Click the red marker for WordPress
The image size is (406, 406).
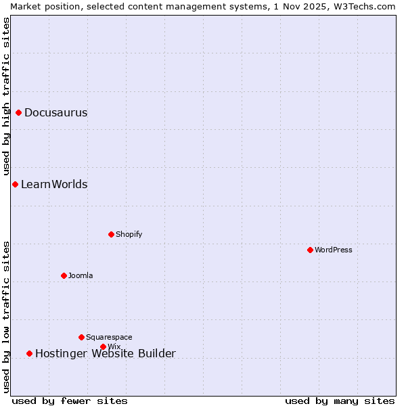coord(310,250)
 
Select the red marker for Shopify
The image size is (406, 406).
coord(111,234)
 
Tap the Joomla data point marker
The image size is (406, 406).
coord(64,275)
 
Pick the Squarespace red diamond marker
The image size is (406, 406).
coord(81,337)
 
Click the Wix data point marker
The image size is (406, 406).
coord(103,346)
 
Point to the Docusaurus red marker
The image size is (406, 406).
coord(18,112)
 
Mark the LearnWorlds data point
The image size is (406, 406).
coord(15,184)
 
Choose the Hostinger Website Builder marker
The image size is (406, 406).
coord(29,353)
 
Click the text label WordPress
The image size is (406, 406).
coord(334,250)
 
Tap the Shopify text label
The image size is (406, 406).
coord(129,234)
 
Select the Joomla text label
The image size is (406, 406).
coord(81,275)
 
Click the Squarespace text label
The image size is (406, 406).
coord(109,337)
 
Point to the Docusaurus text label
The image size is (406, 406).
coord(56,113)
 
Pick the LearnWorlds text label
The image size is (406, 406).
coord(54,185)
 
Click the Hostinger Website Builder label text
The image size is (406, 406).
coord(105,353)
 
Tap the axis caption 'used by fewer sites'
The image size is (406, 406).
coord(70,401)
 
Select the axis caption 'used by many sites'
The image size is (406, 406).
coord(340,401)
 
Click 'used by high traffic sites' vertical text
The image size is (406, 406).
coord(6,97)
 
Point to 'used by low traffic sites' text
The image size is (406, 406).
coord(6,317)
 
